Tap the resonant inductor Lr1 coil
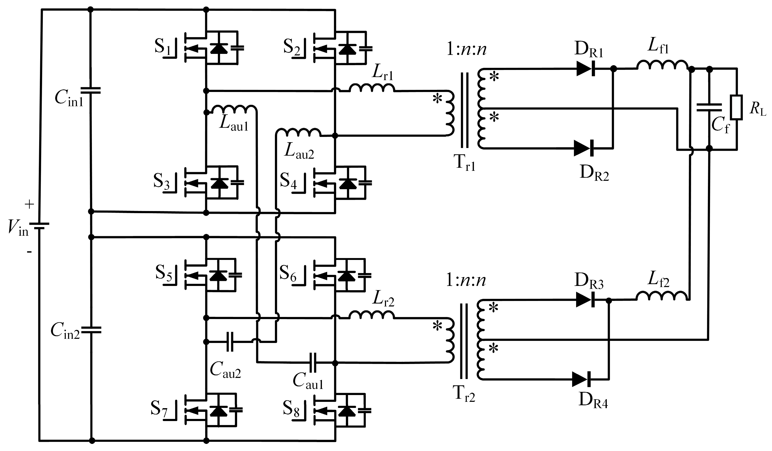372,88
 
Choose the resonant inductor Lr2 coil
372,315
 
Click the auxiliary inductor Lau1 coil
233,109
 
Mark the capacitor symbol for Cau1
313,363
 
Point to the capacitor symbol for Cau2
230,342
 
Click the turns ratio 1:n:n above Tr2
466,280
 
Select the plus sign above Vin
29,204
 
